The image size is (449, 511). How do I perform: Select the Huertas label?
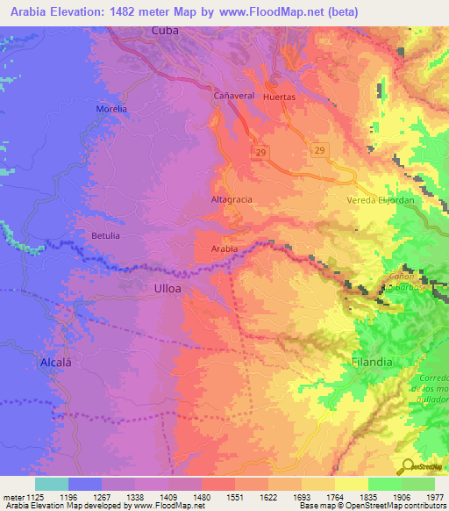(x=280, y=97)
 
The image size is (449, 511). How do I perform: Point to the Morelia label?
(x=111, y=109)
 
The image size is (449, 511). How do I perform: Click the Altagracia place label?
(x=232, y=199)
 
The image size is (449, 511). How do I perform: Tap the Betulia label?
(x=105, y=236)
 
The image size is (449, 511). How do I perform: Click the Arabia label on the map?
(x=224, y=249)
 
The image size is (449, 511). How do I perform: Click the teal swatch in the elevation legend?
(x=52, y=484)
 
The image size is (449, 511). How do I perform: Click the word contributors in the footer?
(x=426, y=507)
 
